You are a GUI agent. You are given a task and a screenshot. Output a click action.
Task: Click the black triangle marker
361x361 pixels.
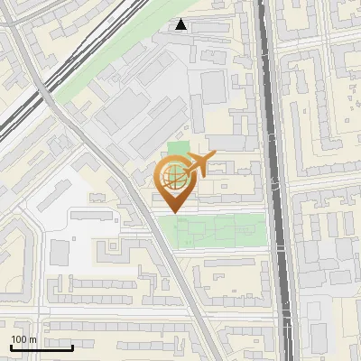coord(181,24)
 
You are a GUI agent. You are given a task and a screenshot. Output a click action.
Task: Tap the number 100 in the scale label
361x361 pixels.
coord(19,339)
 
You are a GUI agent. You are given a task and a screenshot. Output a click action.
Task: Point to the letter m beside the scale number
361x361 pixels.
coord(32,339)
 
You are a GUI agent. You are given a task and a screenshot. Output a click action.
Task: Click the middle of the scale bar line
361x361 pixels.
coord(42,347)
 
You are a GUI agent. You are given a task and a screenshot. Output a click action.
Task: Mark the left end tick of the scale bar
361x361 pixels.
coord(11,347)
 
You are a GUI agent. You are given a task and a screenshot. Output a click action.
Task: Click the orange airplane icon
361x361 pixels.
coord(199,164)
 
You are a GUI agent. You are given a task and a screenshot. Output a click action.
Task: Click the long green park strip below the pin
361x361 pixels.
coord(217,229)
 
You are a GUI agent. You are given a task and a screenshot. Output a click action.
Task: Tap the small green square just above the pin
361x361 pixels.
coord(179,148)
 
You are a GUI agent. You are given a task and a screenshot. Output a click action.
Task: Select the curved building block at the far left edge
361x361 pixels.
coord(14,262)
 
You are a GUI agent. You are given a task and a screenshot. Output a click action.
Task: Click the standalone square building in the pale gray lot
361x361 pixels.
coord(59,252)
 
